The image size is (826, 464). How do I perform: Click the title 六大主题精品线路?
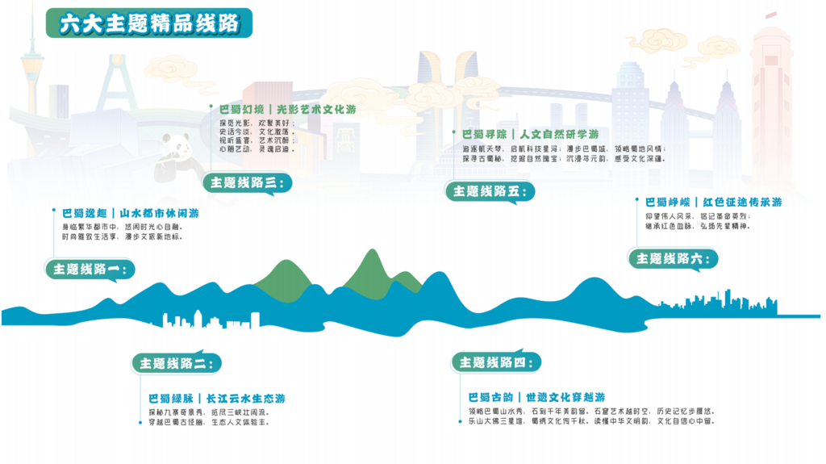[149, 23]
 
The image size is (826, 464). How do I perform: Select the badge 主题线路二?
[175, 364]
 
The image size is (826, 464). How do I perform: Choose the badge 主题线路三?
[246, 183]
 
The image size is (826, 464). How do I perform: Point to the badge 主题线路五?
[489, 191]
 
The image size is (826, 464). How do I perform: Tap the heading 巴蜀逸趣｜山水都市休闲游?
[130, 214]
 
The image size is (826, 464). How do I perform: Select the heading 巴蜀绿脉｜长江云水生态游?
[216, 399]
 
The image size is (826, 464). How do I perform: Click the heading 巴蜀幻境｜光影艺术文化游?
[287, 109]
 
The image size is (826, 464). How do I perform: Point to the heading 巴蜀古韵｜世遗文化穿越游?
[536, 397]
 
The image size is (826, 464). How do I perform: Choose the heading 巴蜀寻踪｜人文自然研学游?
[530, 134]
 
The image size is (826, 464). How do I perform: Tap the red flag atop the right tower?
[770, 15]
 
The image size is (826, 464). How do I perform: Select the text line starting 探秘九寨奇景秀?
[207, 412]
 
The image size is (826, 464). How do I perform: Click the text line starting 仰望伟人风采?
[698, 216]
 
